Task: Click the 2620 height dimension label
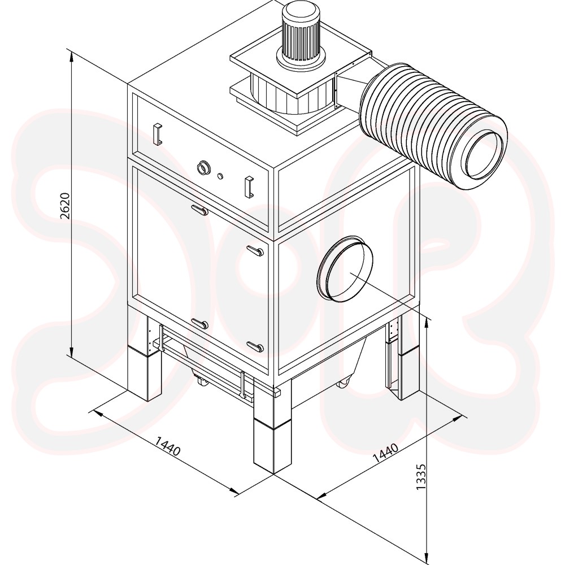(64, 206)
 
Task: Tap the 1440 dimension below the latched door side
(168, 446)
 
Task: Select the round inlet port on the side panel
(345, 269)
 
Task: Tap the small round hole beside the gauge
(220, 176)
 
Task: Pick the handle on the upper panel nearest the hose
(249, 186)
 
